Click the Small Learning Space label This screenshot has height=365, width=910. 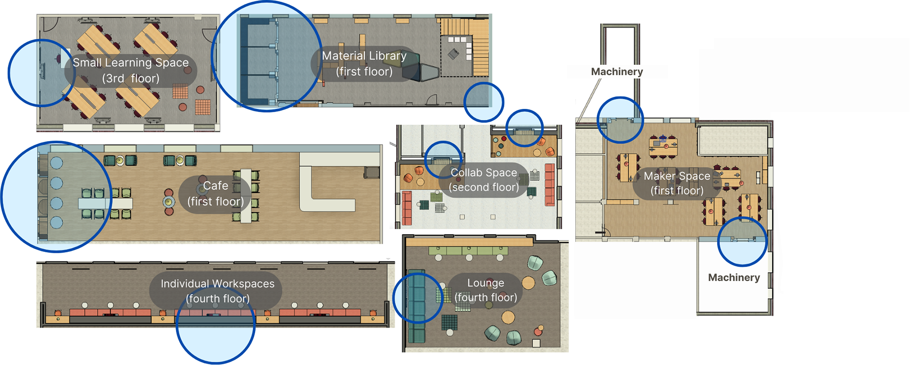pos(130,70)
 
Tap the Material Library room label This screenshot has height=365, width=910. pos(364,63)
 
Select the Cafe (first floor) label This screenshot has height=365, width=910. pos(215,194)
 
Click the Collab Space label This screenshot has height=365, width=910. pos(483,180)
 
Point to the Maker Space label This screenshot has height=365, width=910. pos(676,183)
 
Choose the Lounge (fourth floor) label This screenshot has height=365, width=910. pos(485,290)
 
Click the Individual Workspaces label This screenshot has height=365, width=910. pos(217,291)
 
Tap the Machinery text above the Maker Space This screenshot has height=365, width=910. pos(617,71)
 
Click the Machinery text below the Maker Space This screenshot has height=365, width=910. pos(734,277)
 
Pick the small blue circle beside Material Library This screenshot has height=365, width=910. pos(483,102)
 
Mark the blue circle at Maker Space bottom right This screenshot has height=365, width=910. pos(742,241)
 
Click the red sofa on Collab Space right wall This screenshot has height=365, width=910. pos(549,185)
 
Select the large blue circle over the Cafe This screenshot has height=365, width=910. pos(56,196)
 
